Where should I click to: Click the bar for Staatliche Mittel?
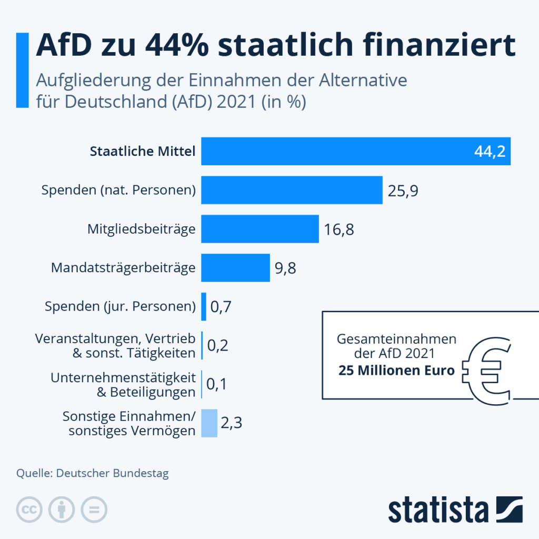click(x=356, y=151)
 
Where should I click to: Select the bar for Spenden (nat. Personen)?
click(x=292, y=190)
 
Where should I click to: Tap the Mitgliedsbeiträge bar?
click(x=260, y=229)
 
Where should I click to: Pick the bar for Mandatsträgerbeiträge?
click(x=235, y=268)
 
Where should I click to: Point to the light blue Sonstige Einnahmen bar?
click(x=209, y=423)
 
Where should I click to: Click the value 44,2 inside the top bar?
click(x=489, y=152)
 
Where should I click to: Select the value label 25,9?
click(x=403, y=191)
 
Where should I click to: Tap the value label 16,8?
click(x=340, y=229)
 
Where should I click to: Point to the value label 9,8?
click(x=285, y=268)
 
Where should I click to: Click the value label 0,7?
click(x=221, y=307)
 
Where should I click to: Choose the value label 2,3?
click(x=232, y=423)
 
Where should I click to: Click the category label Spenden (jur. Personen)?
click(x=121, y=306)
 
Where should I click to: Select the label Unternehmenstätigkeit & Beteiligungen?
click(x=123, y=384)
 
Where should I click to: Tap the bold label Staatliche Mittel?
click(x=143, y=152)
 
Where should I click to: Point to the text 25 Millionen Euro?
click(x=396, y=370)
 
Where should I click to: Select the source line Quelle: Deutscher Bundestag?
click(x=93, y=473)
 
